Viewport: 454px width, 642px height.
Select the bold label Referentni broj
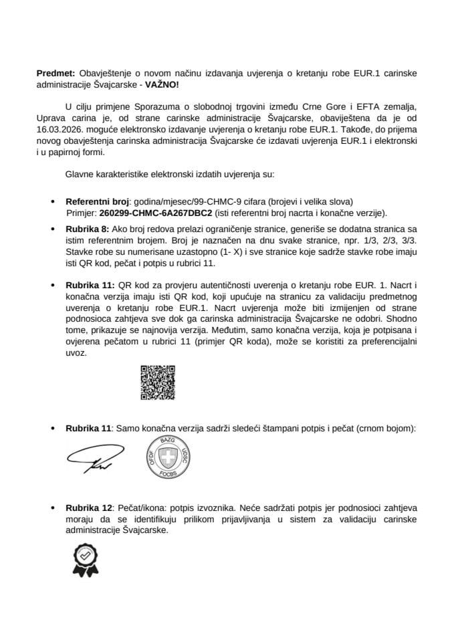click(x=98, y=201)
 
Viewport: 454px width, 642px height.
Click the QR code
click(x=157, y=383)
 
